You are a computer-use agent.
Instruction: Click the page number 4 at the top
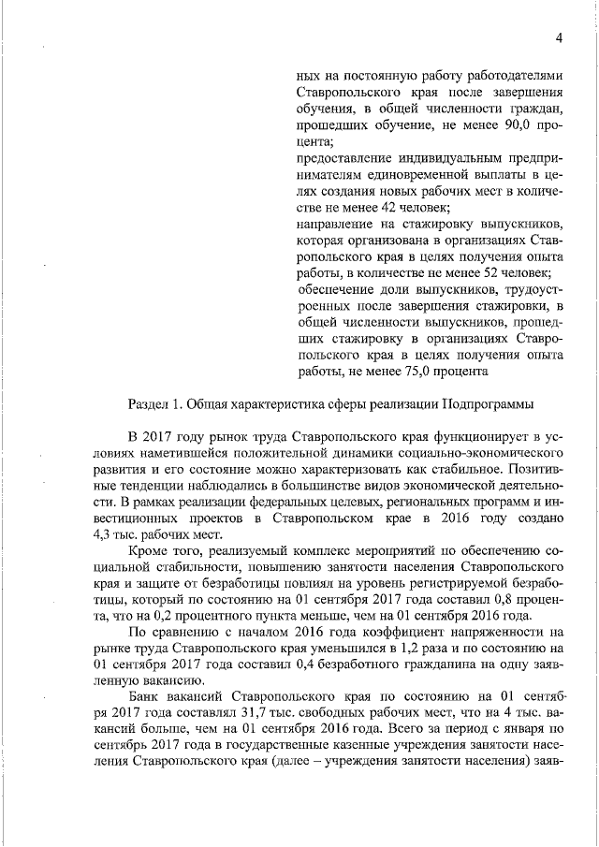pos(558,37)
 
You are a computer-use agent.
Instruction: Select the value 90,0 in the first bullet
pos(511,124)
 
